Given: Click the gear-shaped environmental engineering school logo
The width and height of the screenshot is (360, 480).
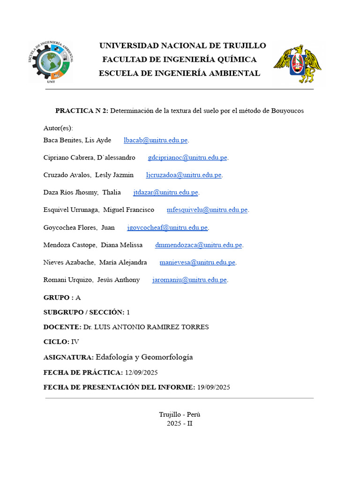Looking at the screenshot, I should pyautogui.click(x=51, y=62).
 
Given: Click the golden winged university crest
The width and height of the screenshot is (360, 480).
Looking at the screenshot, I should pyautogui.click(x=297, y=64).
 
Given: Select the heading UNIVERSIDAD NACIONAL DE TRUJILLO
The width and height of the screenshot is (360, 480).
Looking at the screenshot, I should pyautogui.click(x=182, y=45).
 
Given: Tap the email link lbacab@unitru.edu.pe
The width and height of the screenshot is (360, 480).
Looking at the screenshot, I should pyautogui.click(x=155, y=140).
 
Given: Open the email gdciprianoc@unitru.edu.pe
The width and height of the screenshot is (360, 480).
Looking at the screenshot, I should pyautogui.click(x=187, y=157).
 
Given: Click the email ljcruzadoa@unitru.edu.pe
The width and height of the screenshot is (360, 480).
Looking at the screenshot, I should pyautogui.click(x=183, y=175).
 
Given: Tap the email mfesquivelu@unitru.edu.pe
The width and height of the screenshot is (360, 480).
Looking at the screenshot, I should pyautogui.click(x=207, y=210).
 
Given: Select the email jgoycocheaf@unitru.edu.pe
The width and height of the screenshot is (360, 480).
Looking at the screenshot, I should pyautogui.click(x=167, y=227).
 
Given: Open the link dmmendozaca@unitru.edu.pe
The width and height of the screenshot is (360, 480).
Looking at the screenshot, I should pyautogui.click(x=198, y=245).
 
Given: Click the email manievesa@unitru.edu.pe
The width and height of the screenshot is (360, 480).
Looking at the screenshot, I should pyautogui.click(x=197, y=262).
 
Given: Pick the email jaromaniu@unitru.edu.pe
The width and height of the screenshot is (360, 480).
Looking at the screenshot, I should pyautogui.click(x=189, y=280).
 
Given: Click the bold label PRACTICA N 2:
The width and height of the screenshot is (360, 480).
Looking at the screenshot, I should pyautogui.click(x=82, y=111).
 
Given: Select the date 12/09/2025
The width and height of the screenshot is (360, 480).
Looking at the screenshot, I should pyautogui.click(x=141, y=373).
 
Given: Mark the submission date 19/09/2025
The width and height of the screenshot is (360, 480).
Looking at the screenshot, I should pyautogui.click(x=213, y=387).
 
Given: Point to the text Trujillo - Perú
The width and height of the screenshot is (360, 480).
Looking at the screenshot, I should pyautogui.click(x=180, y=414).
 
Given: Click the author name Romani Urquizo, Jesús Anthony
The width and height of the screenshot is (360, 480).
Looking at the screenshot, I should pyautogui.click(x=91, y=280).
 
